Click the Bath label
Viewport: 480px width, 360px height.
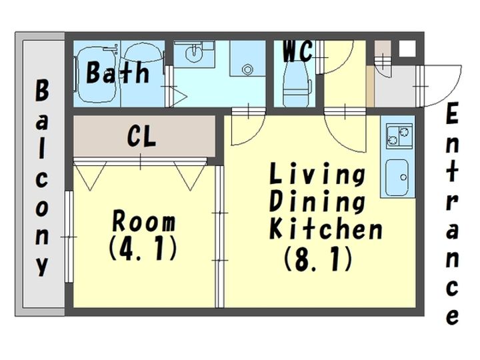point(118,72)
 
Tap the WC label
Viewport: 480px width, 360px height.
point(297,51)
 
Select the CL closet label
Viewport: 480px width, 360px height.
point(142,137)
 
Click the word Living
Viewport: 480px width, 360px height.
point(317,174)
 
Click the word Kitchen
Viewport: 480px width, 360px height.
point(326,228)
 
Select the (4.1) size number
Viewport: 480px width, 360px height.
point(143,248)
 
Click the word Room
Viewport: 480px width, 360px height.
point(144,221)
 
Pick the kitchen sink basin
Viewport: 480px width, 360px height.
point(397,177)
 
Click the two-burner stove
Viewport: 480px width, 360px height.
point(399,136)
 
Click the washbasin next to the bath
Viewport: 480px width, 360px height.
point(194,53)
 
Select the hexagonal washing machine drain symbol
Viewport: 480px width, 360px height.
point(247,69)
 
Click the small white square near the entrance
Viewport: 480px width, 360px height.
point(407,49)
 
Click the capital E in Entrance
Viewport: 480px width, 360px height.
point(452,113)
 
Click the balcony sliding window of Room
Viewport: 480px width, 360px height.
point(69,237)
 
